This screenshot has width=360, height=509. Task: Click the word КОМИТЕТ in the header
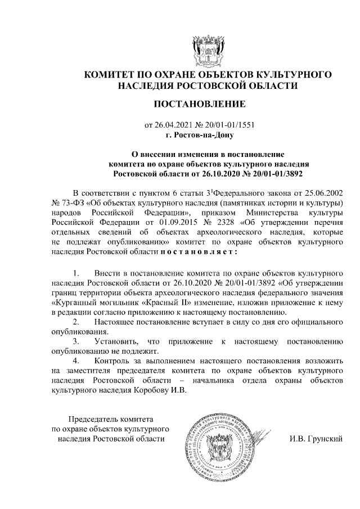[110, 74]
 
